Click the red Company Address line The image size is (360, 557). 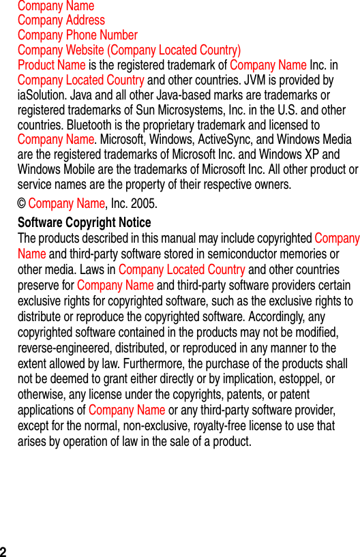61,20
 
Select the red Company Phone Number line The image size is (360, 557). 78,35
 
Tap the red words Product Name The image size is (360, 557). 52,65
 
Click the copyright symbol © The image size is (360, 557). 22,204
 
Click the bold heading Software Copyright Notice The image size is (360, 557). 85,223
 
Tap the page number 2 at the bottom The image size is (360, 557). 4,552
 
